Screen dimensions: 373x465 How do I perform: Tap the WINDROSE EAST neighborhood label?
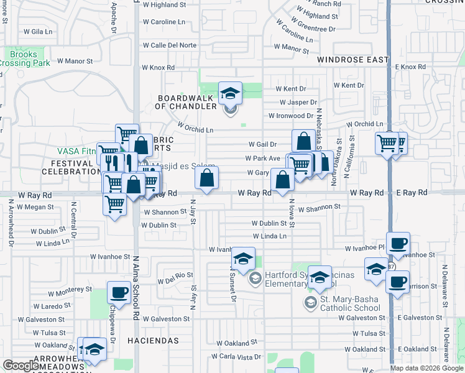click(352, 60)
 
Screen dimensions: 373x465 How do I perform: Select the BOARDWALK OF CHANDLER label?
click(185, 103)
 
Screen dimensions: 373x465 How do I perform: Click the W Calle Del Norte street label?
click(169, 45)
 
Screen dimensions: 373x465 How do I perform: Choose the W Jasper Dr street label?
click(295, 102)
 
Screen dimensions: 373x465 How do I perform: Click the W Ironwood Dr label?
click(291, 116)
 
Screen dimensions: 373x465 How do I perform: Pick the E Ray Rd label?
click(413, 193)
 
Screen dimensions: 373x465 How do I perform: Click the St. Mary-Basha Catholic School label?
click(349, 303)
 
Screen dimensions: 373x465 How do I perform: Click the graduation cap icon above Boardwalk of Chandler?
click(231, 93)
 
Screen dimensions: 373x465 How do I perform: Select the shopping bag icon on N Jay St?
click(207, 178)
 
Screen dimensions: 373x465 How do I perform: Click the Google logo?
click(21, 366)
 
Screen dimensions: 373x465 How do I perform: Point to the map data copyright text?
click(426, 368)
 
